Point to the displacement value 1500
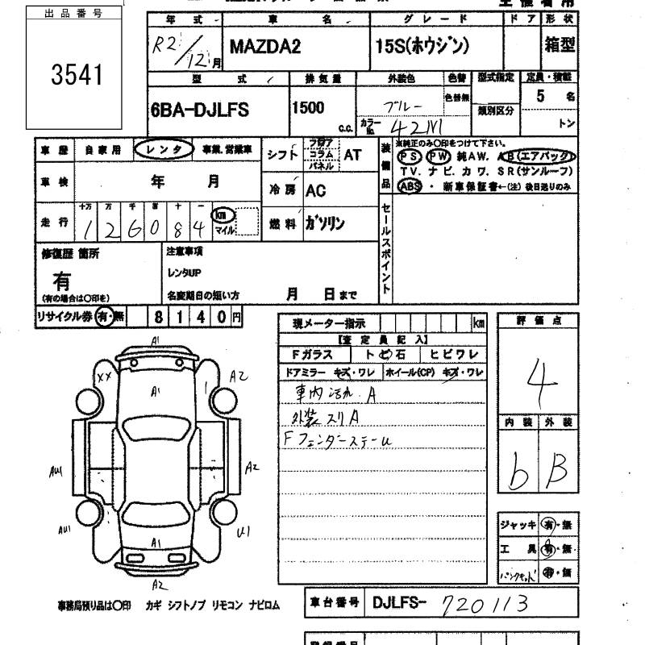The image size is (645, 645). point(309,107)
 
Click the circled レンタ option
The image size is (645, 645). point(164,149)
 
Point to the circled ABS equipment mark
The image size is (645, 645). point(410,185)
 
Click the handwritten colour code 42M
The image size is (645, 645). point(411,126)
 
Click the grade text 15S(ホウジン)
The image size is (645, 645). point(421,46)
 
